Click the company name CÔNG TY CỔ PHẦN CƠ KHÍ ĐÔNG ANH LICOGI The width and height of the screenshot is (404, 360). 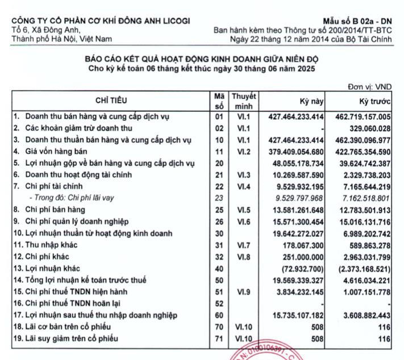pyautogui.click(x=101, y=21)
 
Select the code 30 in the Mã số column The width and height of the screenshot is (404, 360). pyautogui.click(x=219, y=233)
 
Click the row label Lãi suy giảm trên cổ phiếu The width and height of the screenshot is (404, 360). pyautogui.click(x=69, y=338)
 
